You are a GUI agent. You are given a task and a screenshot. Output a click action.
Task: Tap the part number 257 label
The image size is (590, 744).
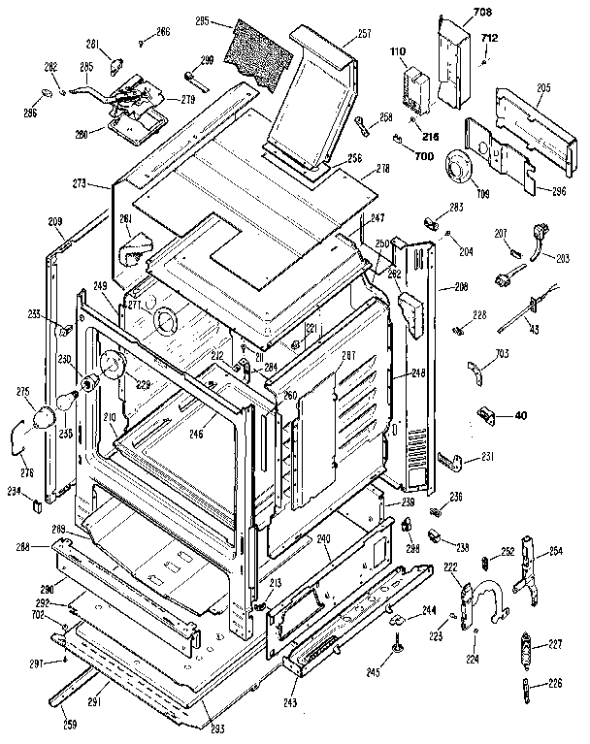click(337, 34)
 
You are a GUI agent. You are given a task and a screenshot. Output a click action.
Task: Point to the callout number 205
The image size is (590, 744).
click(542, 88)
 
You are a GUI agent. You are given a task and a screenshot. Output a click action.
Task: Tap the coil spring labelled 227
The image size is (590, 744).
click(529, 646)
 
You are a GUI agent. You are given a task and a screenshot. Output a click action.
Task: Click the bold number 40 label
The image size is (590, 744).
click(519, 416)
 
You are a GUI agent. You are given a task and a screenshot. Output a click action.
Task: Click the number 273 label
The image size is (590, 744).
click(80, 182)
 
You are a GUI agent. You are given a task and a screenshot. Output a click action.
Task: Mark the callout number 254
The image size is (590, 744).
click(555, 550)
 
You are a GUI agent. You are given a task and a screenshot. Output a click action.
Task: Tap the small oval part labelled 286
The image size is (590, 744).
click(45, 91)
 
